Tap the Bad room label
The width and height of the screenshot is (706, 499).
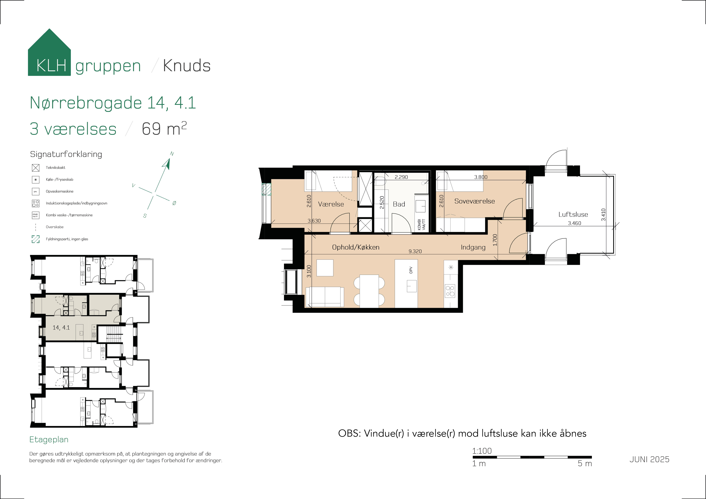pyautogui.click(x=399, y=204)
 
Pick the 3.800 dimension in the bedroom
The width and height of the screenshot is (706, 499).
pyautogui.click(x=481, y=177)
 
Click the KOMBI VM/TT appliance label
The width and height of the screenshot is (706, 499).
pyautogui.click(x=421, y=224)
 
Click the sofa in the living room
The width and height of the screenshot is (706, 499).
pyautogui.click(x=325, y=297)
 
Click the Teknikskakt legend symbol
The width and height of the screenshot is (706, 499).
pyautogui.click(x=36, y=168)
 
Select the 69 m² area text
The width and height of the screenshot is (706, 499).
pyautogui.click(x=164, y=129)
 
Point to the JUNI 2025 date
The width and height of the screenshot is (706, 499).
pyautogui.click(x=649, y=459)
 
